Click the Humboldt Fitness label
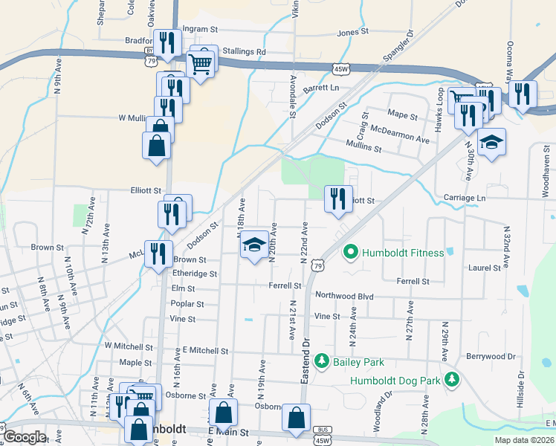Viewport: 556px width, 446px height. point(402,253)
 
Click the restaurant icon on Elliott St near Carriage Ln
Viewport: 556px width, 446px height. point(338,198)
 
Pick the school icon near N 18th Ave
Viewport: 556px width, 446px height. point(253,245)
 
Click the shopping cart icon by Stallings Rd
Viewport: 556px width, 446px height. point(201,62)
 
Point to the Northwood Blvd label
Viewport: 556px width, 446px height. point(343,296)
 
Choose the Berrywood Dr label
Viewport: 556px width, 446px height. point(491,357)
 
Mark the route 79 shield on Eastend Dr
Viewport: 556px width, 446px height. point(317,265)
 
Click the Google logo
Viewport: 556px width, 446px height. point(25,437)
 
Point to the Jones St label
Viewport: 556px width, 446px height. point(353,33)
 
